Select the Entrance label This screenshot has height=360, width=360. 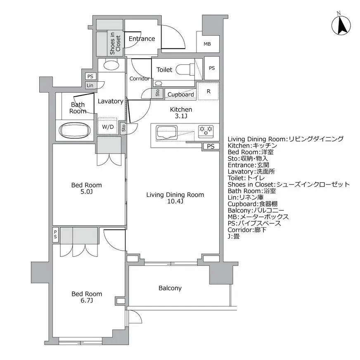[142, 39]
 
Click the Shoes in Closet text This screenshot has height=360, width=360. [115, 44]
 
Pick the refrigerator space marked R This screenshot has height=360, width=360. [208, 92]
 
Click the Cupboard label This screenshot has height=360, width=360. [180, 95]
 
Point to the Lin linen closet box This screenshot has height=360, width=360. [90, 85]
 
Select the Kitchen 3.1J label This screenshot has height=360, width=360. [181, 113]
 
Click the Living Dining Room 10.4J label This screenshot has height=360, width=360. [175, 198]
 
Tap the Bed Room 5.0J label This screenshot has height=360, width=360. [86, 189]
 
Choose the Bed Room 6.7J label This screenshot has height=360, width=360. [87, 297]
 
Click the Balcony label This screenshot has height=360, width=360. [170, 288]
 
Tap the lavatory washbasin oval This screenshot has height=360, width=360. [111, 65]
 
